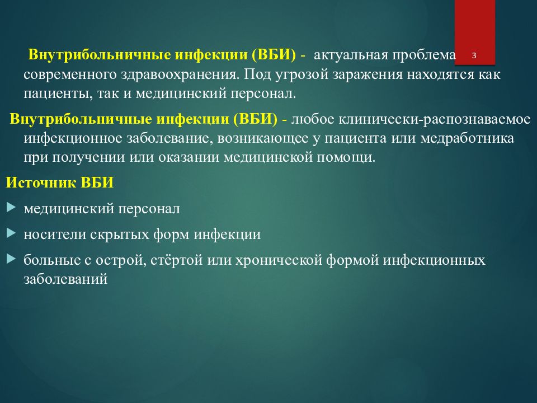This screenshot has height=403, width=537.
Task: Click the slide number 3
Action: (474, 55)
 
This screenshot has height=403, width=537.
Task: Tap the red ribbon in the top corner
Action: (475, 32)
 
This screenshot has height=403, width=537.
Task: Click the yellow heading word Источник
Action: (41, 182)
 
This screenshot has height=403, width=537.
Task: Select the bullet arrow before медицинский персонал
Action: (11, 207)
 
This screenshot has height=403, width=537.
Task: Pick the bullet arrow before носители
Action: (11, 233)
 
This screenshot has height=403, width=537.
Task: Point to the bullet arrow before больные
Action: (11, 259)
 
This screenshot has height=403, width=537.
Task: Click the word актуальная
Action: (351, 55)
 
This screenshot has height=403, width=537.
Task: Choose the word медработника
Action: (467, 138)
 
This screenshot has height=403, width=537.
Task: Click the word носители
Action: (55, 235)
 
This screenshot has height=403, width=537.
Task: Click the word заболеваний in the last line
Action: (66, 279)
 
